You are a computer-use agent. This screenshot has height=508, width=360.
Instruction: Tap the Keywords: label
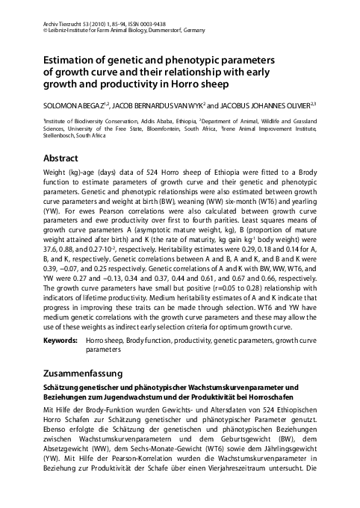[60, 339]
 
